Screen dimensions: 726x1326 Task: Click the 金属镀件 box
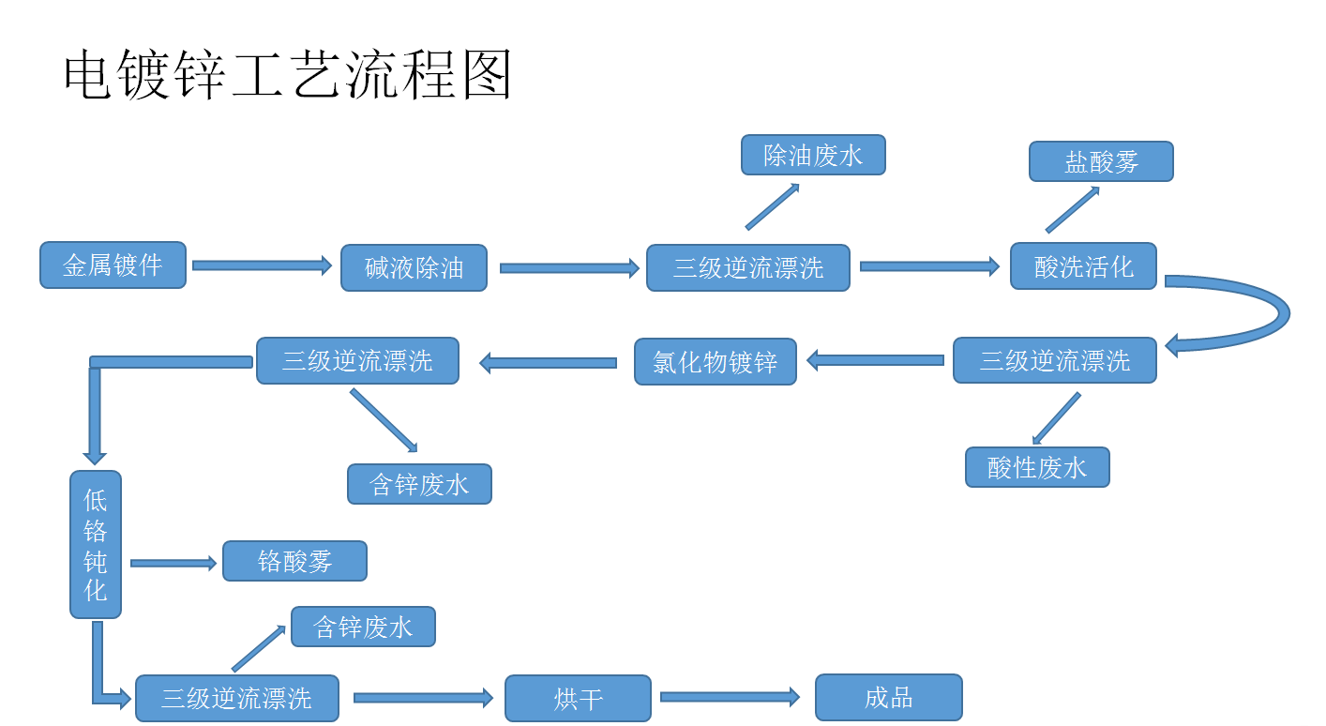click(113, 265)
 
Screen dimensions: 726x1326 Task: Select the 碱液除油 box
click(414, 268)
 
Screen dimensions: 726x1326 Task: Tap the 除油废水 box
click(812, 155)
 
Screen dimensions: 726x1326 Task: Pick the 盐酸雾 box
click(1100, 161)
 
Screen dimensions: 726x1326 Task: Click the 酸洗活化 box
click(1083, 266)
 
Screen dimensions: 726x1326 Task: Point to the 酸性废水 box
click(1037, 467)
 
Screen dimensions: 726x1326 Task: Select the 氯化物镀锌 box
click(715, 362)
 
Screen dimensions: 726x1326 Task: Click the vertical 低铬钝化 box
click(96, 544)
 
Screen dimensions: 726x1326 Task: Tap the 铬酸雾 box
click(294, 561)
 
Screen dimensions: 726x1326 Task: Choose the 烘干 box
click(578, 698)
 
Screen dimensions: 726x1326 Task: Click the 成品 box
click(888, 697)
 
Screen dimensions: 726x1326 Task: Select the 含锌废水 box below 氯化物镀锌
click(419, 484)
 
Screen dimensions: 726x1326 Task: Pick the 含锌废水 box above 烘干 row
click(363, 627)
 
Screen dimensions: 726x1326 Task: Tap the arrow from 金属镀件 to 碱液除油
click(262, 265)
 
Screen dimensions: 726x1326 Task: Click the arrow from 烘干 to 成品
click(730, 697)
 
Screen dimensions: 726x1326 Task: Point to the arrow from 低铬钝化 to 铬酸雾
click(173, 563)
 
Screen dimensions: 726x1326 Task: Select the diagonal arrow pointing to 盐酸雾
click(1072, 210)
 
